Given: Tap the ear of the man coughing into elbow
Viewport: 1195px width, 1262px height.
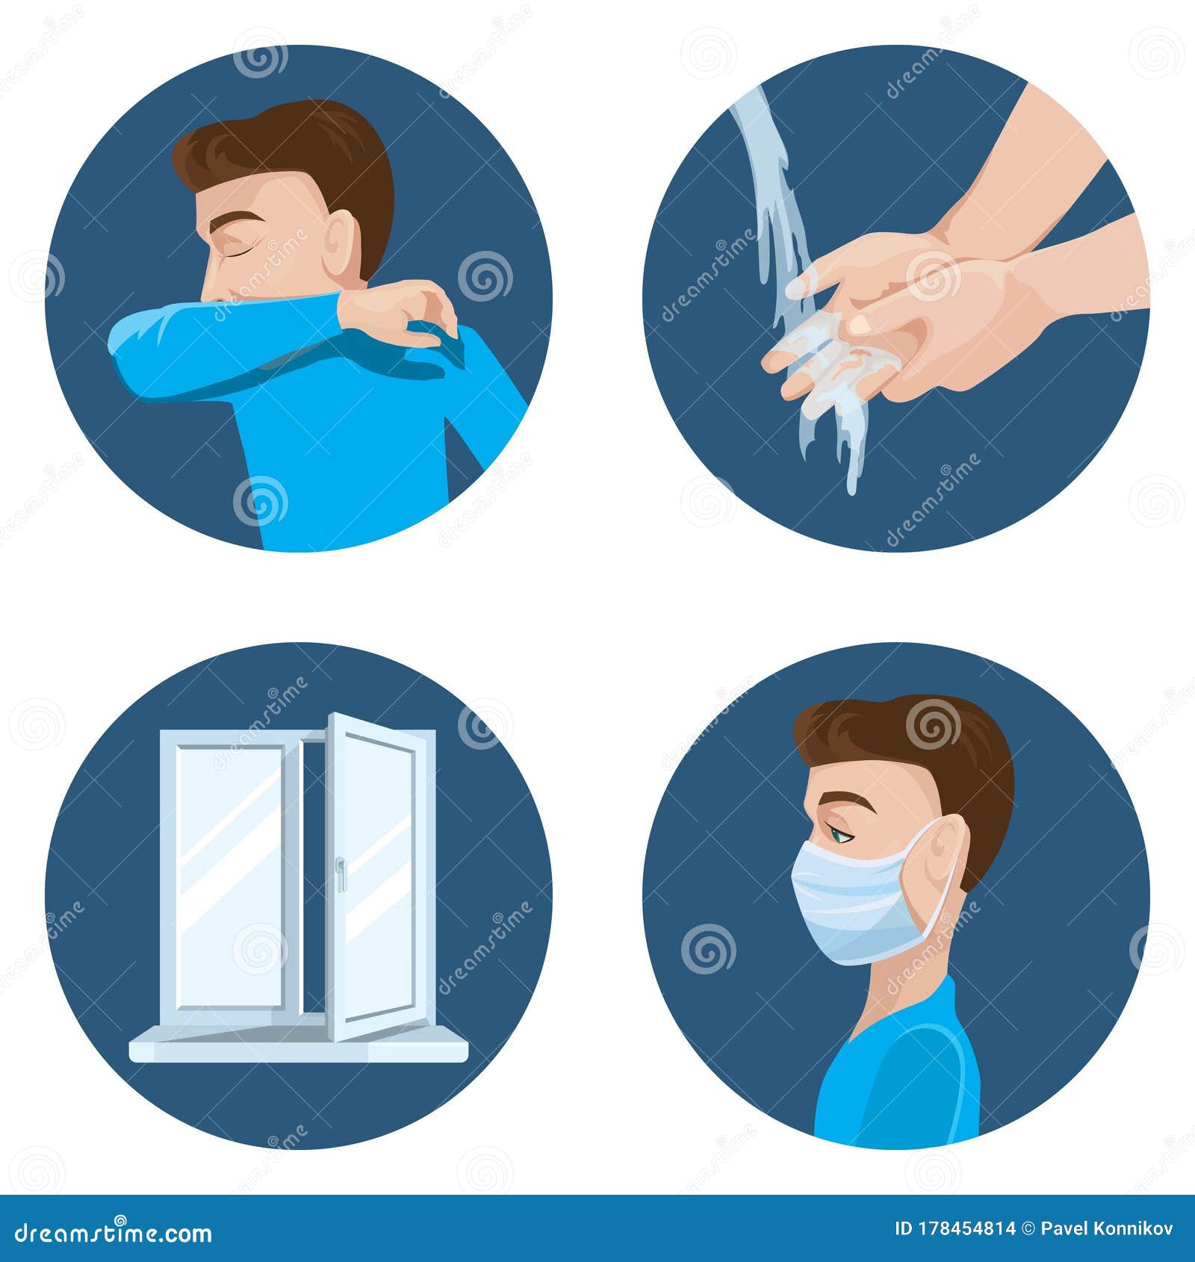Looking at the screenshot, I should click(341, 243).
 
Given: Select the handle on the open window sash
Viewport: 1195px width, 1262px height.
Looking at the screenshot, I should click(341, 874).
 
